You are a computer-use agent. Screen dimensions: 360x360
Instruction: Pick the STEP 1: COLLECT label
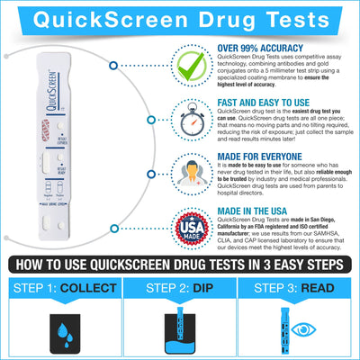click(62, 288)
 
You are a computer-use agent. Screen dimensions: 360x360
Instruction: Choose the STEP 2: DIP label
click(179, 288)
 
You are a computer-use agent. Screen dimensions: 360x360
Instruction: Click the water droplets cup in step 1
click(60, 331)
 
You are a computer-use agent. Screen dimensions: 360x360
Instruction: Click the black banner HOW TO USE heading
click(180, 265)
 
